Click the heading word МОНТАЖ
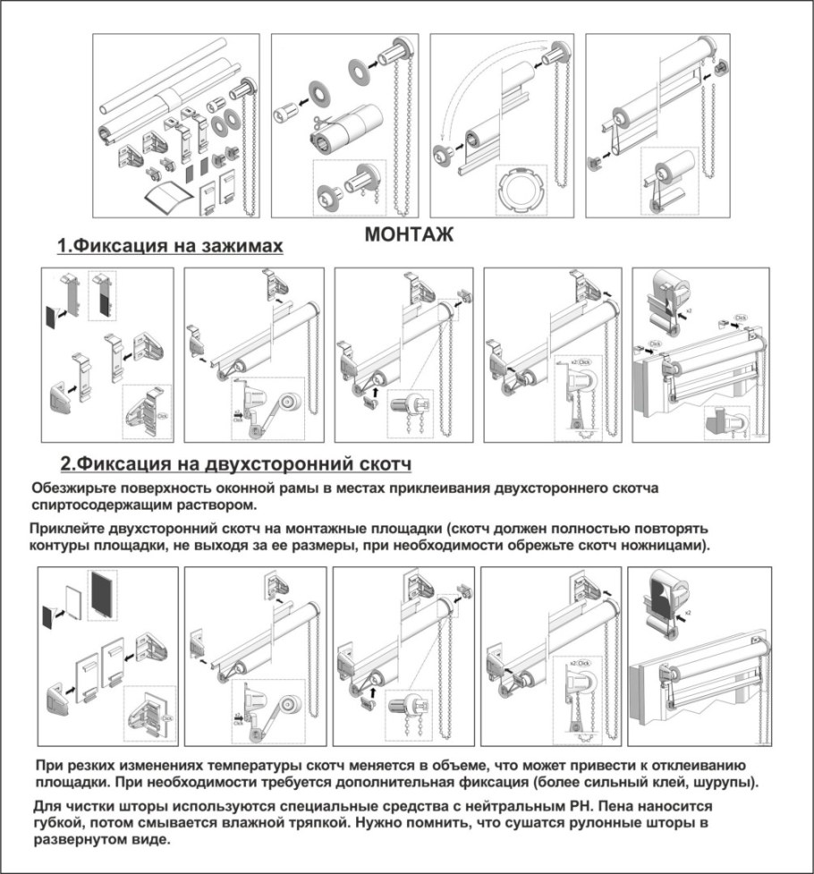point(409,235)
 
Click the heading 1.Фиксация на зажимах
point(170,246)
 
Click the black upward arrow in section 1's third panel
point(375,390)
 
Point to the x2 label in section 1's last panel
point(690,312)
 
